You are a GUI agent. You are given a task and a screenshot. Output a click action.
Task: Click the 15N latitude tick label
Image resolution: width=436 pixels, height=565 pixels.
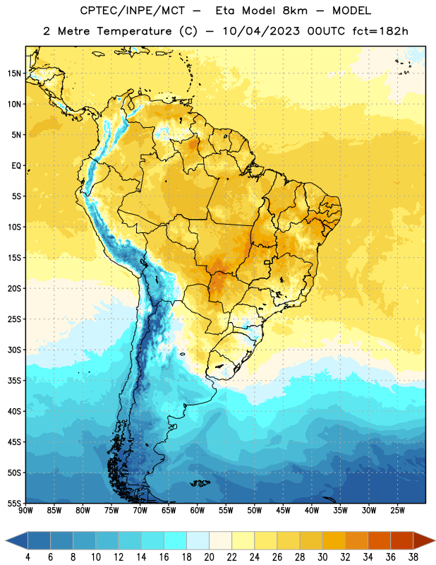[x=14, y=73]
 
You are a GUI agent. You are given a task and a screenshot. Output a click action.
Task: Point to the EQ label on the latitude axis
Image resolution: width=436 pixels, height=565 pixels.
[x=16, y=166]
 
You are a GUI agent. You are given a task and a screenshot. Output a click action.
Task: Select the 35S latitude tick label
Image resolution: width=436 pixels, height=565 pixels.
[x=14, y=381]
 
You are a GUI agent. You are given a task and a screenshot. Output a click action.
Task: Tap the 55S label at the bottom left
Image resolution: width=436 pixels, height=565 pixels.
[x=14, y=503]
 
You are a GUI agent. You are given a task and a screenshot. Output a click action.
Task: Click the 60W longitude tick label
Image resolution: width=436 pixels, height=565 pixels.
[x=198, y=511]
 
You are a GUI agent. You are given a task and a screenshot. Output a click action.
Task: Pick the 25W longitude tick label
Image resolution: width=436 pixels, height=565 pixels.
[x=397, y=511]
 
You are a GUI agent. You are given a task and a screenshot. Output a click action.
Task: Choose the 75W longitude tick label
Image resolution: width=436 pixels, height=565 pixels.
[x=111, y=511]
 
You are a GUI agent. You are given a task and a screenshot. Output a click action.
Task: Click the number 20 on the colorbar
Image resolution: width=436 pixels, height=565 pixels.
[x=209, y=557]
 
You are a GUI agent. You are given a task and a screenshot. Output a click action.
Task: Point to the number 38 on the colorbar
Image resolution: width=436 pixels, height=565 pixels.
[x=413, y=557]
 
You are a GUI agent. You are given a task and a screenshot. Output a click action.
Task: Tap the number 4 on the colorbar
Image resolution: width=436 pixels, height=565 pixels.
[x=28, y=557]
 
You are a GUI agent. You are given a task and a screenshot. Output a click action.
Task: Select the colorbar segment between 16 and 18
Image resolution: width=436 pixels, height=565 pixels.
[x=175, y=541]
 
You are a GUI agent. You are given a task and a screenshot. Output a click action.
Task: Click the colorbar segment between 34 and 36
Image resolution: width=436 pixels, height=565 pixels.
[x=379, y=541]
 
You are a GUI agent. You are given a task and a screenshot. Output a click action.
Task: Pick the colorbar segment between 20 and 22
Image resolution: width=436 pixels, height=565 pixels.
[x=220, y=541]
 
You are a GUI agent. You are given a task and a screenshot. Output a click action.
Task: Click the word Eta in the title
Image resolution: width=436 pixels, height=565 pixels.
[x=225, y=11]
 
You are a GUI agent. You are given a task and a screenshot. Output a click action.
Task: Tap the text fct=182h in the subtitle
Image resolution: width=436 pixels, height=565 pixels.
[x=380, y=31]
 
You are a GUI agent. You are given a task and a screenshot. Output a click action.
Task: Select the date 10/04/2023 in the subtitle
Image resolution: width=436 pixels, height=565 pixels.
[x=261, y=31]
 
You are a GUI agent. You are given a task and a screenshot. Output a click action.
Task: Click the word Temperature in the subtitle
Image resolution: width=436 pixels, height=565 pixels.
[x=134, y=32]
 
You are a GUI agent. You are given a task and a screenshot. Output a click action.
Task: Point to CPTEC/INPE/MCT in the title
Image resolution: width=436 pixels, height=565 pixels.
[x=133, y=11]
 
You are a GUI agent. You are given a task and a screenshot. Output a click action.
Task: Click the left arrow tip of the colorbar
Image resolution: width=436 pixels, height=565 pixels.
[x=6, y=541]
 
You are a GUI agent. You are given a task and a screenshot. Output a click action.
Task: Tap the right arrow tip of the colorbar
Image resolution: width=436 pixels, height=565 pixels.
[x=435, y=541]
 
